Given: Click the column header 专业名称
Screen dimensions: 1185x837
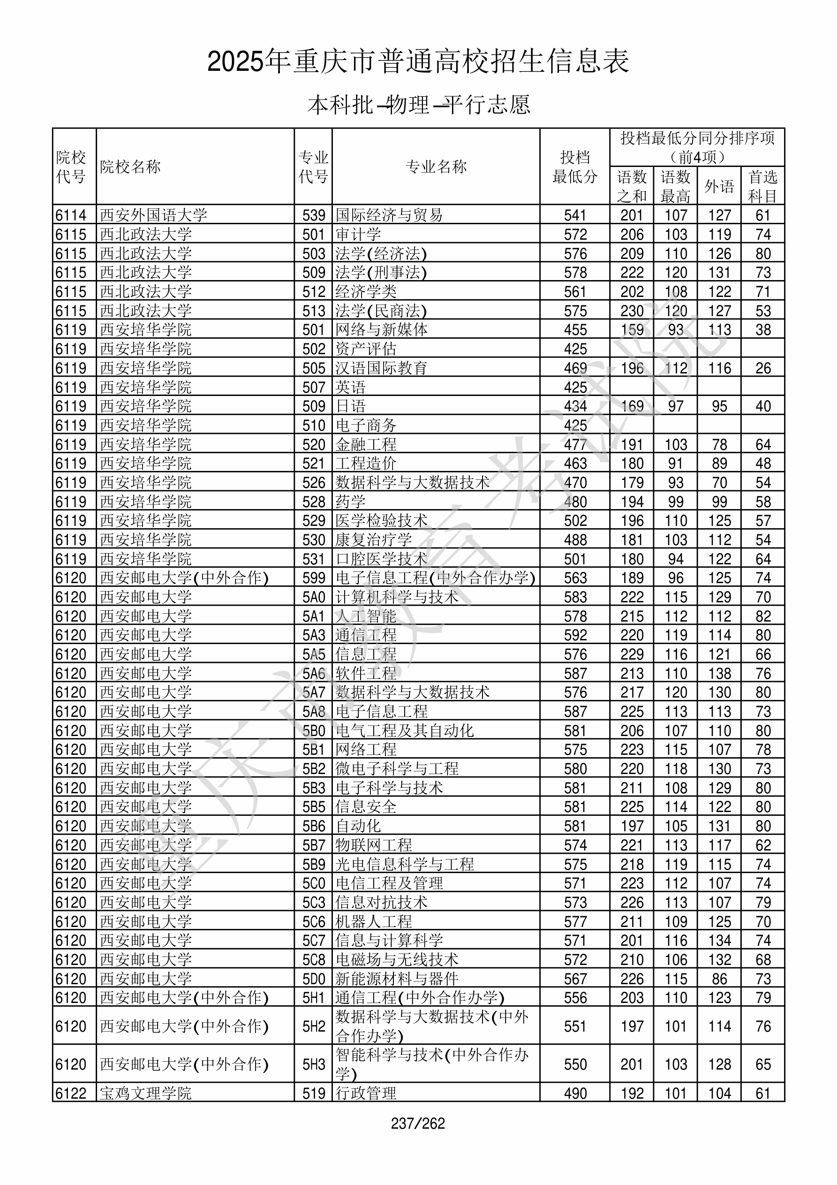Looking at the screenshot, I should [x=436, y=167].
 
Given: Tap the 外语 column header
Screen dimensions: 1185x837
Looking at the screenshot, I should [x=719, y=186].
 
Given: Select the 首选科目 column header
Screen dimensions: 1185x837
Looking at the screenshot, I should [x=763, y=186].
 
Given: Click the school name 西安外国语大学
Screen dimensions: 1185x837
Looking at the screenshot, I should [x=153, y=215].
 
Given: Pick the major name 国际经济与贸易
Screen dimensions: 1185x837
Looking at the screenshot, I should [x=389, y=215].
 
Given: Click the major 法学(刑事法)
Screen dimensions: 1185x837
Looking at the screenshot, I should [x=381, y=272].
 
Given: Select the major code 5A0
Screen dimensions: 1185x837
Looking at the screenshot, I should [x=314, y=597].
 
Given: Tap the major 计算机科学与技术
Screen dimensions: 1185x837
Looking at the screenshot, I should [x=397, y=597].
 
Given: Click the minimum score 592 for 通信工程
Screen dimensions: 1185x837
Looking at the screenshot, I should [x=575, y=635].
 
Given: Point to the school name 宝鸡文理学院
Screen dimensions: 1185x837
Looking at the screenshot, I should [x=145, y=1093].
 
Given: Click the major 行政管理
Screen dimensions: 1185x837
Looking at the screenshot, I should [x=366, y=1093].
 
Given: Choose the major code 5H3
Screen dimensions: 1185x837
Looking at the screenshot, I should [x=314, y=1064].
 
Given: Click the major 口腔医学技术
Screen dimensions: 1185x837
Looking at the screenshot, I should [x=381, y=559].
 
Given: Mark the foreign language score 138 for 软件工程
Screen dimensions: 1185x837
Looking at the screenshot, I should [x=719, y=674].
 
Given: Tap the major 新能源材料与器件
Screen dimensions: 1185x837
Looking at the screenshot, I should [x=397, y=979].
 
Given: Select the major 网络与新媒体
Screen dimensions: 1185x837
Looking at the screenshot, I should [x=381, y=329].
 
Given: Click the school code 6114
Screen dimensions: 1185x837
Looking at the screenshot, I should [x=71, y=215].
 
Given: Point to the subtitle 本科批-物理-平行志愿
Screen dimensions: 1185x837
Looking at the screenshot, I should [x=418, y=105].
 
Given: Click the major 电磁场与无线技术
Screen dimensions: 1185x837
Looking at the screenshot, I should [x=397, y=959].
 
